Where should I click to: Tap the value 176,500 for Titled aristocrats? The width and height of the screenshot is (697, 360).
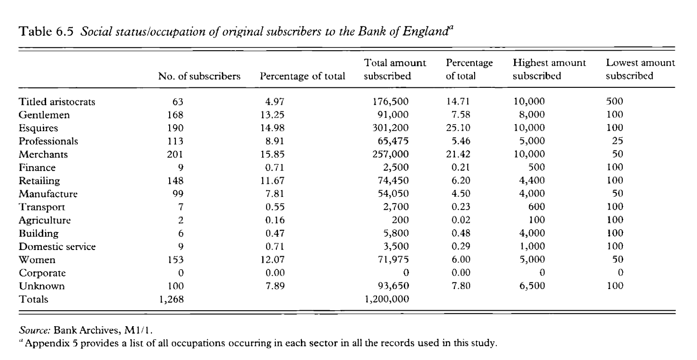pos(392,102)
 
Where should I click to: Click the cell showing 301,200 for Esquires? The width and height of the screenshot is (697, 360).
pos(392,128)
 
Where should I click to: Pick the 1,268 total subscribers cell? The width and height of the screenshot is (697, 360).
pos(172,299)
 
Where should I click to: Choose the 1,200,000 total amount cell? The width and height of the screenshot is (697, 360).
pos(387,299)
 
